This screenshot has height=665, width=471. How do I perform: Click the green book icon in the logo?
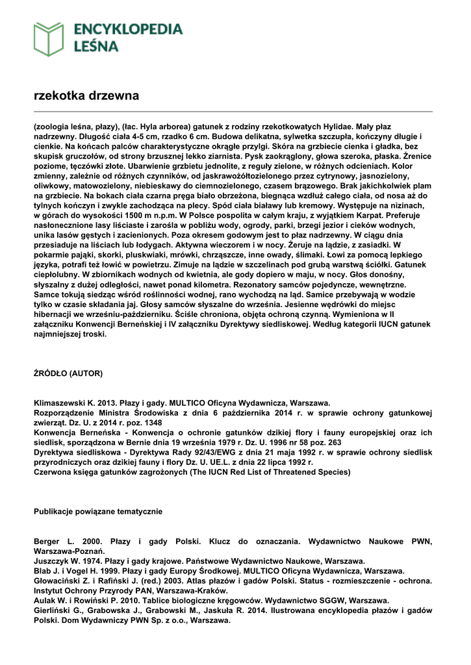(49, 39)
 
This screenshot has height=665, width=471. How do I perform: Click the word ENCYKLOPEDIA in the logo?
(128, 29)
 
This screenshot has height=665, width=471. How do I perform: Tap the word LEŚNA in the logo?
(96, 46)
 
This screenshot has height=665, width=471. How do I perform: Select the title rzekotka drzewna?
(86, 96)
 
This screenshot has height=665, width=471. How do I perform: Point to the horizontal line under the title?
(233, 112)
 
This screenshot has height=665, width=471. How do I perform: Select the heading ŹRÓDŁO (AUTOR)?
(68, 373)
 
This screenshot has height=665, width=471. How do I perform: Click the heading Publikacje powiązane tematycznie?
(98, 512)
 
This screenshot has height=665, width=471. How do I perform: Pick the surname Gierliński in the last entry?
(55, 610)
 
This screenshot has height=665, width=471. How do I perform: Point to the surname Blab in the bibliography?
(44, 571)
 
